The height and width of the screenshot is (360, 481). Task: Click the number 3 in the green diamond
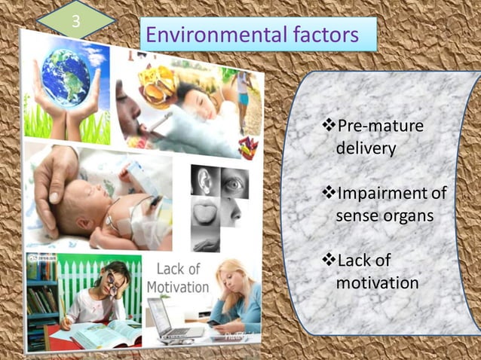[75, 20]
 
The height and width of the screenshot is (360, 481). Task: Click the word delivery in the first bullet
[366, 148]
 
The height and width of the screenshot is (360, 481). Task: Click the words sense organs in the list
[384, 215]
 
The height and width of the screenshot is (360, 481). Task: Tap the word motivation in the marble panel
[377, 283]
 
